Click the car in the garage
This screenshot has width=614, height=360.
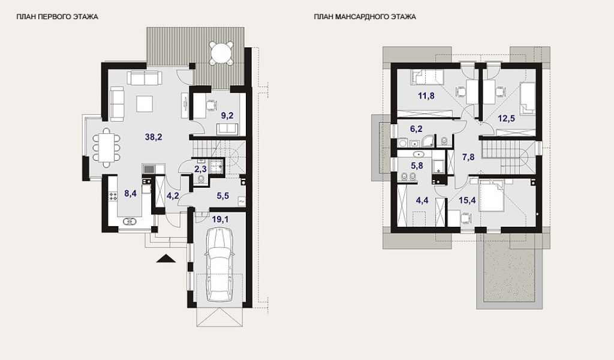[218, 265]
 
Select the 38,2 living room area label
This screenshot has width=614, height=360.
[153, 137]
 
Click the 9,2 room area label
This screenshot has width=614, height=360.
[227, 116]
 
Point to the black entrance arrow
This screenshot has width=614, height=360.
[165, 259]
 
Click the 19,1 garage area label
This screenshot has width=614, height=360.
[220, 220]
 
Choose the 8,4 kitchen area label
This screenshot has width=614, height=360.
[130, 193]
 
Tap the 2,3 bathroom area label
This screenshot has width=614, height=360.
[200, 169]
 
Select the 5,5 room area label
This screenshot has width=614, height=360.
[223, 196]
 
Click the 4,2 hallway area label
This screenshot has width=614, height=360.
[173, 196]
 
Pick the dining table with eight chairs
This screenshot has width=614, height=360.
[107, 147]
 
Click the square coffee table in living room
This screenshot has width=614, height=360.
[144, 103]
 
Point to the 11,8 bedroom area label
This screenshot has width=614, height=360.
[426, 95]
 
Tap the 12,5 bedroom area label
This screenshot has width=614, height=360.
[507, 118]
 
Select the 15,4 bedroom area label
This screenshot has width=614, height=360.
[467, 200]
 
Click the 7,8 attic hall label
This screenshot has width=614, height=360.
[468, 157]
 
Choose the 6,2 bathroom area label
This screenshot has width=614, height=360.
[416, 128]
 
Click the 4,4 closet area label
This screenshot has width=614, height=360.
[422, 200]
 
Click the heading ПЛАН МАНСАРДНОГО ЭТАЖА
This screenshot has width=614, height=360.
[365, 17]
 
